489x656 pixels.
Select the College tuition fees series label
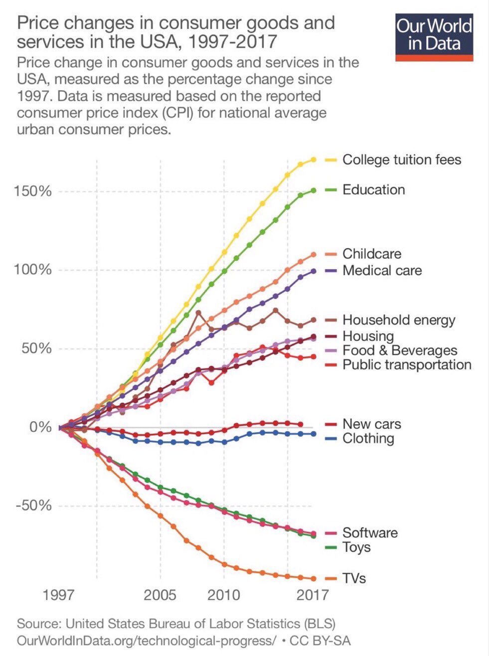tap(401, 160)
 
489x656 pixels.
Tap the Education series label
tap(373, 190)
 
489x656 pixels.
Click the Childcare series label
tap(371, 254)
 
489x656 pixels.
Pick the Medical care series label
tap(382, 271)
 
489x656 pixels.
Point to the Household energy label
tap(398, 320)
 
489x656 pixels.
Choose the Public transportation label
tap(406, 365)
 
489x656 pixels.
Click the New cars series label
tap(371, 424)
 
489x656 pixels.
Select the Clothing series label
tap(368, 439)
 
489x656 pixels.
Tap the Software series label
tap(370, 533)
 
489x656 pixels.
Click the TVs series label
tap(354, 579)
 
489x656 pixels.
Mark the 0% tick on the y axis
tap(40, 427)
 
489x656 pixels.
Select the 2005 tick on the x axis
tap(160, 595)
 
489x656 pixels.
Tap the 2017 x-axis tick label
tap(312, 595)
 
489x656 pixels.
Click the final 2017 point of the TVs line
tap(314, 579)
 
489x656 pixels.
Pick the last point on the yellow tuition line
tap(314, 160)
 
